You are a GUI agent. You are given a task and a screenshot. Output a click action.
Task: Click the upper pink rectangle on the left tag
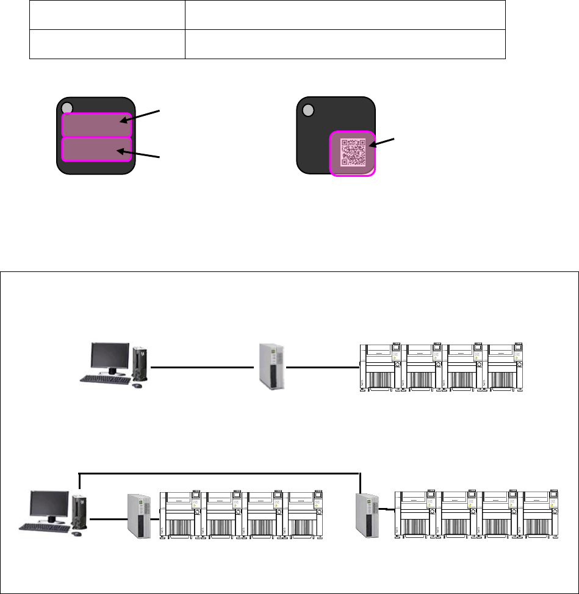(x=96, y=125)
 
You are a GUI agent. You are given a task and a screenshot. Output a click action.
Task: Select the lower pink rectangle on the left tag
(x=96, y=149)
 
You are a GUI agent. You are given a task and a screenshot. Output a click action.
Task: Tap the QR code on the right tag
(x=353, y=152)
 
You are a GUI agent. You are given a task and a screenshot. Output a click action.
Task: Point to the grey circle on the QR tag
(x=307, y=110)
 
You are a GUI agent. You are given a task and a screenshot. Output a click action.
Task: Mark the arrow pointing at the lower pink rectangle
(x=142, y=154)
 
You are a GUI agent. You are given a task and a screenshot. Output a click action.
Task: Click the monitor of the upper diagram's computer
(x=110, y=357)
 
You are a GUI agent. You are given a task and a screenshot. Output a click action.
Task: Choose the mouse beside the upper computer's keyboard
(x=137, y=385)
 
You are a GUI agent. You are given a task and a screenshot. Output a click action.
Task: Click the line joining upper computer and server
(x=201, y=367)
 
